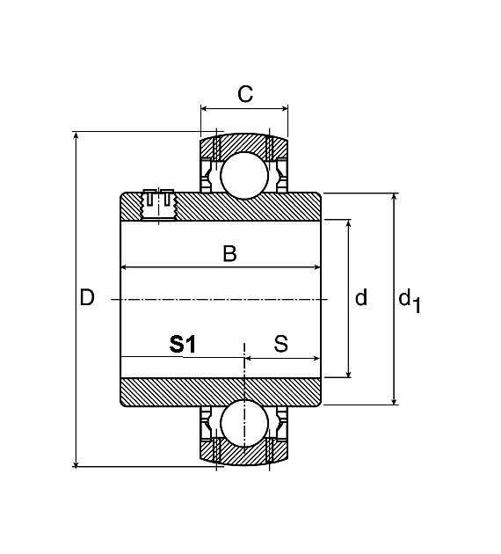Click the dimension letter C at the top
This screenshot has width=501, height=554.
[x=245, y=94]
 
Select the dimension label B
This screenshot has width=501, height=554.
[x=230, y=253]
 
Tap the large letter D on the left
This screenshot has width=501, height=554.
[x=87, y=297]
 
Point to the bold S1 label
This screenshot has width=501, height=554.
[x=182, y=345]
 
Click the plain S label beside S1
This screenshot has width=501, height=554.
[x=281, y=344]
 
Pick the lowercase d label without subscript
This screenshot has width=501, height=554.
[x=361, y=297]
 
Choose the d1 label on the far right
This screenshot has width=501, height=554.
[x=410, y=301]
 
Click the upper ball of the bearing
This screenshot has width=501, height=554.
[x=244, y=176]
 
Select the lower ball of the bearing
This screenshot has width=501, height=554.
[x=244, y=423]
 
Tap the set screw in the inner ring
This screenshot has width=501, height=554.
[x=158, y=205]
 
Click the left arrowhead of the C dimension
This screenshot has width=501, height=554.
[x=204, y=108]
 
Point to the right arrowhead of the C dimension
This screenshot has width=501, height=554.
[x=285, y=108]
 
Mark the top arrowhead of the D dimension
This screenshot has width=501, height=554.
[x=76, y=135]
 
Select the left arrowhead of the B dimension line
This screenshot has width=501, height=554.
[x=124, y=267]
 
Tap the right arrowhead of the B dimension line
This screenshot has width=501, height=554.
[x=316, y=267]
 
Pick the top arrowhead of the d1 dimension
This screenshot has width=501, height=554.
[x=395, y=197]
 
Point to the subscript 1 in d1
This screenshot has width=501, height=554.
[x=417, y=306]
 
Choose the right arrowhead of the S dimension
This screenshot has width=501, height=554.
[x=316, y=359]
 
